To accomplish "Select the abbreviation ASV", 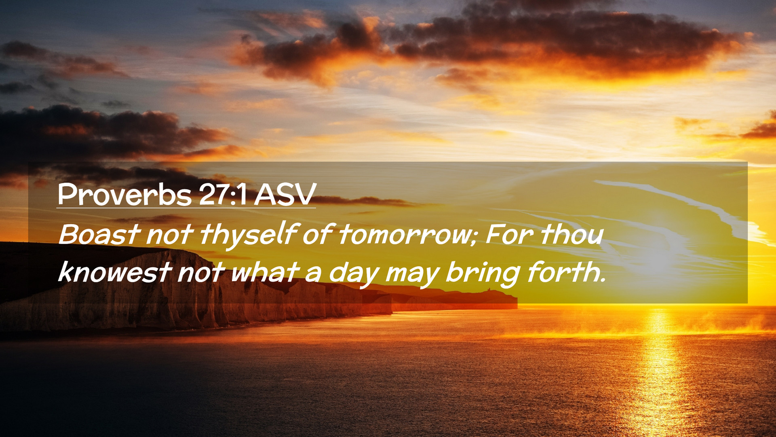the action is coord(285,195).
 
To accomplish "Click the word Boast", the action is coord(99,234).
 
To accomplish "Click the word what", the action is coord(264,272).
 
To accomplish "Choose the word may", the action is coord(412,275).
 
